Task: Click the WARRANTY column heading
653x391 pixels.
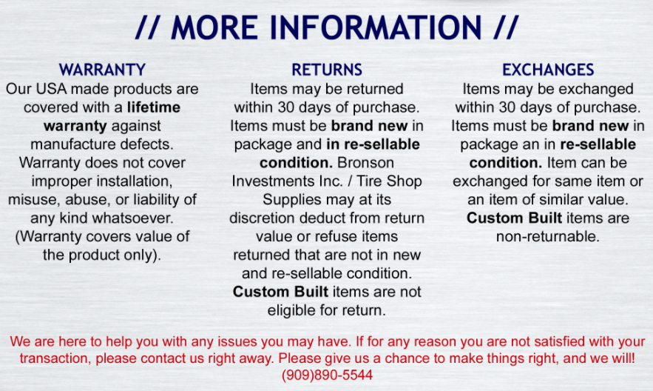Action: (102, 70)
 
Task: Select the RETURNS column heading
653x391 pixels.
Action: (327, 70)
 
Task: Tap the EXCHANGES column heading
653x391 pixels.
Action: (548, 70)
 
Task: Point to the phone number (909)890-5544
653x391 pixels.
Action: (327, 375)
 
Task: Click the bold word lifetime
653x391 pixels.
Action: (154, 107)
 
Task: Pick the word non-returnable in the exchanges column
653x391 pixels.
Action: (548, 236)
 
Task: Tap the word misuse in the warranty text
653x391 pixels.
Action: (34, 199)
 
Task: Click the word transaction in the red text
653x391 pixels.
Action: (54, 358)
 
